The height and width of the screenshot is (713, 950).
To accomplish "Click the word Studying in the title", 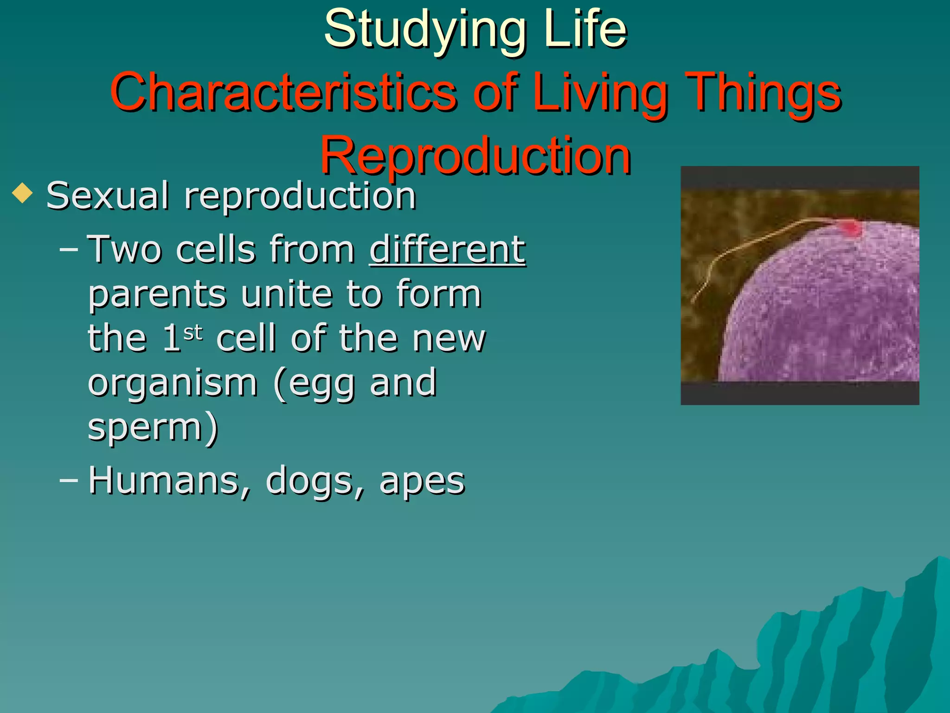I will click(425, 31).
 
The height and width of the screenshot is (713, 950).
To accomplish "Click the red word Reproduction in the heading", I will click(475, 156).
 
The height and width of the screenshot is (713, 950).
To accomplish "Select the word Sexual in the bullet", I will click(107, 195).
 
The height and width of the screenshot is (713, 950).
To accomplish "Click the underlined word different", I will click(447, 250).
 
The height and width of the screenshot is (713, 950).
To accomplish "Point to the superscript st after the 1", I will click(193, 332).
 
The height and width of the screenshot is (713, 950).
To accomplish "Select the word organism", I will click(172, 383).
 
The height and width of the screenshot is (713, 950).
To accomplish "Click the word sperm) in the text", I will click(153, 427).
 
